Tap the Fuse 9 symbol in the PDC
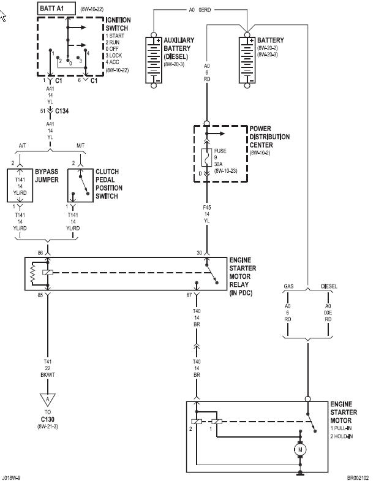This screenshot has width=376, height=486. coord(206,158)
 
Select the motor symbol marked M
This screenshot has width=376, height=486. coord(300,449)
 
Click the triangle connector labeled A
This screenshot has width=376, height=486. coord(47,400)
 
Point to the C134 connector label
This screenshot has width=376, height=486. coord(62,111)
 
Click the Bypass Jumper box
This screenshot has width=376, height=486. coord(20,185)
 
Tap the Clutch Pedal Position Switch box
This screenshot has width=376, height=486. coord(80,185)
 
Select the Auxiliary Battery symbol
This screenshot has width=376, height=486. coord(154,60)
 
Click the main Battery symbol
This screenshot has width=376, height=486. coord(247,60)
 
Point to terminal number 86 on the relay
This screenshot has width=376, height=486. coord(40,253)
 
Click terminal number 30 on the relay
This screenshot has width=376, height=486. coord(200,253)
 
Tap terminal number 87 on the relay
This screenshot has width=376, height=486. coord(189,295)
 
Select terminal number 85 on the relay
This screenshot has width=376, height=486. coord(40,295)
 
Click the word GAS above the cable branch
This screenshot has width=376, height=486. coord(288,286)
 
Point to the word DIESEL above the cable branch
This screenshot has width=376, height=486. coord(329,286)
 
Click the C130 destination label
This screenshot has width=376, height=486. coord(48,419)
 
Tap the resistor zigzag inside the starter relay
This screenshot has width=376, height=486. coord(33,273)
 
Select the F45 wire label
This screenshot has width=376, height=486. coord(207,207)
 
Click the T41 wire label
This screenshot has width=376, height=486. coord(48,362)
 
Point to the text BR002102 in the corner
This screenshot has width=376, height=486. coord(358,477)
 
